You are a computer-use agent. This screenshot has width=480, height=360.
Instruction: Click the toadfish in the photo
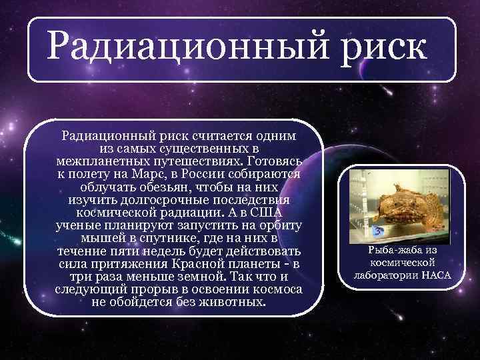click(407, 203)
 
